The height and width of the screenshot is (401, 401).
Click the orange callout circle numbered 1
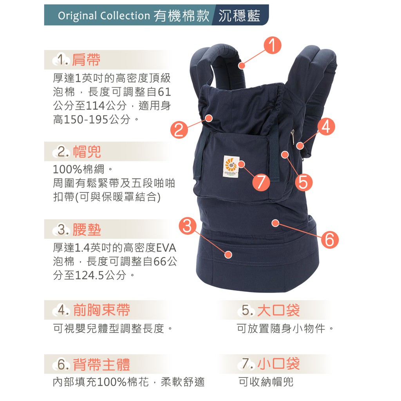click(x=273, y=45)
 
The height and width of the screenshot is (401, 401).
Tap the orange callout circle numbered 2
click(x=179, y=130)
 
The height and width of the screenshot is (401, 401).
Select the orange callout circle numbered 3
click(x=188, y=226)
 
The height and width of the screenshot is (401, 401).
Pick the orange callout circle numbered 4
click(x=326, y=126)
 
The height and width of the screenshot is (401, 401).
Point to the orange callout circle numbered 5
click(x=303, y=182)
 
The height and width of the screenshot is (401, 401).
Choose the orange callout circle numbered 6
click(x=329, y=240)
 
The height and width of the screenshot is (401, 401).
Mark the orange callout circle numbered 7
click(x=261, y=182)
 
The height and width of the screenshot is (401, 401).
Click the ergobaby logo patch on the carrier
click(x=230, y=166)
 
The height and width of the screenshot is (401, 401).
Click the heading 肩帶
click(x=86, y=60)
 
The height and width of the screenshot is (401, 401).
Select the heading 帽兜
click(x=87, y=152)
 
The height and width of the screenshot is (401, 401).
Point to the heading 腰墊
click(x=87, y=229)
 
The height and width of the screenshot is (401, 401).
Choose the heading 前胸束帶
click(x=101, y=310)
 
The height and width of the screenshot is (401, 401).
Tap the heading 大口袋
click(x=278, y=310)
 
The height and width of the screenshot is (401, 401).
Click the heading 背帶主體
click(x=101, y=364)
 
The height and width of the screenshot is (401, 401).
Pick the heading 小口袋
click(x=278, y=363)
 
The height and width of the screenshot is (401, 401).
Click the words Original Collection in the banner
click(x=104, y=16)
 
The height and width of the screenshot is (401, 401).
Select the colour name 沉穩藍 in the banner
click(x=239, y=15)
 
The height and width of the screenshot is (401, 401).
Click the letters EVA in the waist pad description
click(x=166, y=248)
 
